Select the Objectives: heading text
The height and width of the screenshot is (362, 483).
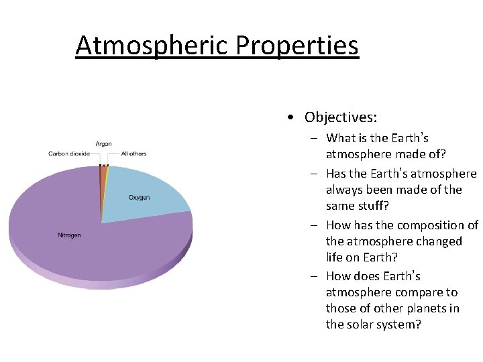[340, 117]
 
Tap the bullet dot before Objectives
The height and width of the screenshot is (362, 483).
[288, 118]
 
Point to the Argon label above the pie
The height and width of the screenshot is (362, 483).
[103, 144]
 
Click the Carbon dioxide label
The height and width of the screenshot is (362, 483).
[69, 154]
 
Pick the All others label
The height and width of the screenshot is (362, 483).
[133, 154]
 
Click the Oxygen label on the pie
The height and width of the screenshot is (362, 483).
[139, 198]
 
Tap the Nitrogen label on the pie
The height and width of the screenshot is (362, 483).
[68, 235]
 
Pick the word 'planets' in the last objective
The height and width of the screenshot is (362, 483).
[423, 308]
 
